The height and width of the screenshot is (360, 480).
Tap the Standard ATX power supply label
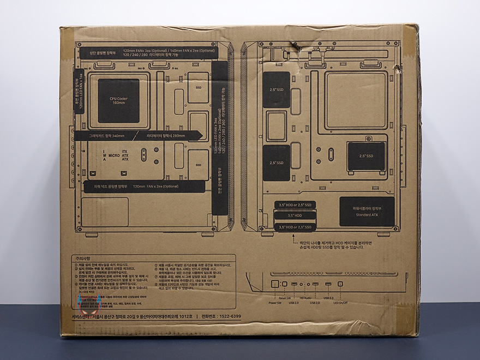point(367,211)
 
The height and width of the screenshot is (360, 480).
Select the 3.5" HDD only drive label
point(295,215)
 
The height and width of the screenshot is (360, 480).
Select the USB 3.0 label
point(328,298)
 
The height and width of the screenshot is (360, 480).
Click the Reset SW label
point(285,298)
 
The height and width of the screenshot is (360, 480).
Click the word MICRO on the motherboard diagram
point(114,155)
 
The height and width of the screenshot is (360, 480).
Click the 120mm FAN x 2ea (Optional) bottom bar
point(145,187)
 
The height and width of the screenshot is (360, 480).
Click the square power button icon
point(275,285)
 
